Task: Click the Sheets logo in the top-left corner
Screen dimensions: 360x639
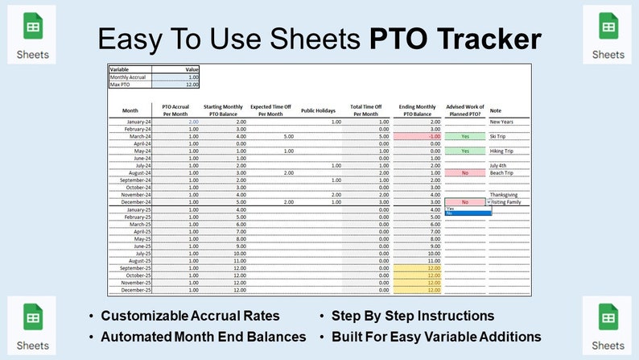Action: [x=33, y=35]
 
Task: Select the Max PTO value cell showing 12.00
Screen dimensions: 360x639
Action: [x=175, y=84]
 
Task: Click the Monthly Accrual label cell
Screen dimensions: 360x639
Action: [x=130, y=77]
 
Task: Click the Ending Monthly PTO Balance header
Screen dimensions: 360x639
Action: [x=419, y=110]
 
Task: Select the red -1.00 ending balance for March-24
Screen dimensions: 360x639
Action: [x=419, y=136]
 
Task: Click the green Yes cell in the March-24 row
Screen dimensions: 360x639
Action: [x=464, y=136]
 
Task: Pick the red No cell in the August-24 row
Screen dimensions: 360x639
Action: [x=464, y=172]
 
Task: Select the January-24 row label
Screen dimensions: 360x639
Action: [x=130, y=122]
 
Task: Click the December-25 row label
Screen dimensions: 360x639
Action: [x=130, y=290]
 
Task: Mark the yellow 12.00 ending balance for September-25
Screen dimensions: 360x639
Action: [x=419, y=268]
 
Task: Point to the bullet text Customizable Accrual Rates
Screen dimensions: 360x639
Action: [x=190, y=316]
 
